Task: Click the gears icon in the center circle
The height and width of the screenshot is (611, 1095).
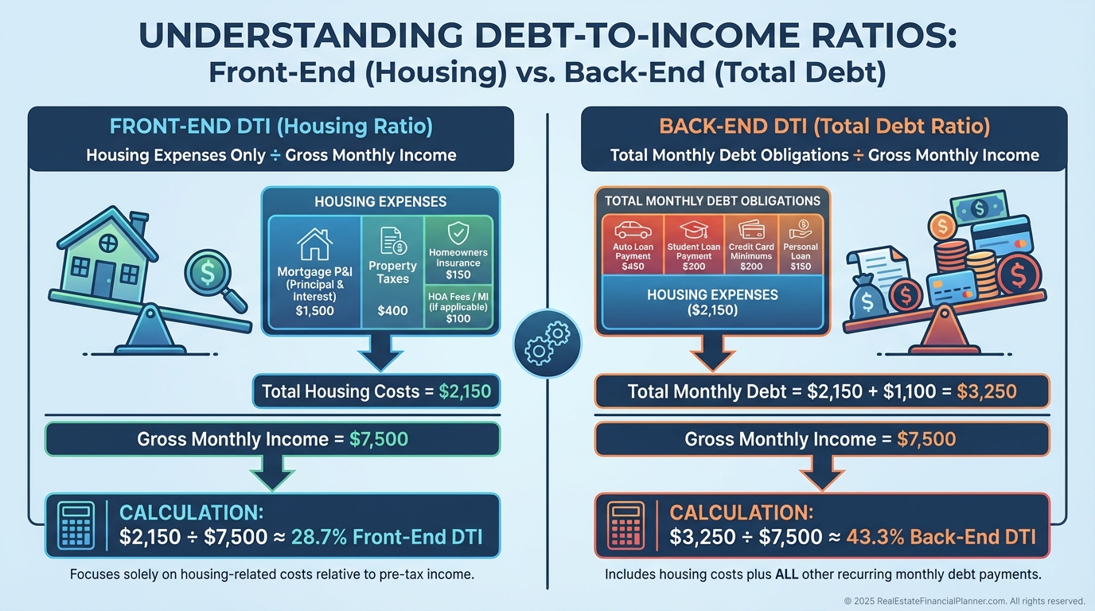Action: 547,343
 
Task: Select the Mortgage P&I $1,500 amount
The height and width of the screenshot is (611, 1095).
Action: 315,311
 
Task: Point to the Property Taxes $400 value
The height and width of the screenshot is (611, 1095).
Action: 392,310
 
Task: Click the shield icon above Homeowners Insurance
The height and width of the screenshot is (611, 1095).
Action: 458,232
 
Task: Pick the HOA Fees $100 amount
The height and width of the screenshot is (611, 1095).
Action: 458,319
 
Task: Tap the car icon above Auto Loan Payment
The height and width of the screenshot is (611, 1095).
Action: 633,230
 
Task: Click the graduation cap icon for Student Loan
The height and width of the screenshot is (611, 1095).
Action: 694,229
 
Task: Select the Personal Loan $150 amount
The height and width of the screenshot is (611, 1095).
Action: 801,267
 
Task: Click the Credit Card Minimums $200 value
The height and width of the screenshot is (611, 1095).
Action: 751,267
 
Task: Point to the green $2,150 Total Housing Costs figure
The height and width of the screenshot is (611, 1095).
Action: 465,391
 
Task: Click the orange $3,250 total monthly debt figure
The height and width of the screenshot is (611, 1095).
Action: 987,391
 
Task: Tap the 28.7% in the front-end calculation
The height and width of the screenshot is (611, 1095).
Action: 319,537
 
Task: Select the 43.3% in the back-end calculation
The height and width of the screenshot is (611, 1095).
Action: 875,537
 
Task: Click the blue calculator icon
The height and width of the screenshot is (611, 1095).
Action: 76,526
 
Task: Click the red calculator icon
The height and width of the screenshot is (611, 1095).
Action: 625,526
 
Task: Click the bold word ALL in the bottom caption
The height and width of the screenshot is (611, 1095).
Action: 786,574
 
